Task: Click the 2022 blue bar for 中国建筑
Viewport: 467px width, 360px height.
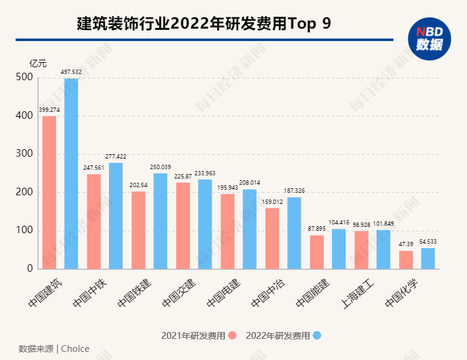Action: click(71, 174)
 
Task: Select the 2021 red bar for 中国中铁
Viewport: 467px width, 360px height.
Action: click(93, 221)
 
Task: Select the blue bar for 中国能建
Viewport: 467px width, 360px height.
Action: click(339, 249)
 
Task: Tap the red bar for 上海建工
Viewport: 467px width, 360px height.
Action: click(361, 250)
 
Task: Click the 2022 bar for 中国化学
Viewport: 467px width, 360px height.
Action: click(428, 259)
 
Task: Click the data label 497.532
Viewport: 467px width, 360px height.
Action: click(71, 72)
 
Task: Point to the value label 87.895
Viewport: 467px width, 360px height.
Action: click(316, 229)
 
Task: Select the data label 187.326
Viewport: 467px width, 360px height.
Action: click(295, 191)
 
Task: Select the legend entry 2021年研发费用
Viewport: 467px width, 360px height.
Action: click(194, 336)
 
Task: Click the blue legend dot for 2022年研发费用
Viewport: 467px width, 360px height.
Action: click(317, 336)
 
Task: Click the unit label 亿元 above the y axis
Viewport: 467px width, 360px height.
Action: click(37, 63)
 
